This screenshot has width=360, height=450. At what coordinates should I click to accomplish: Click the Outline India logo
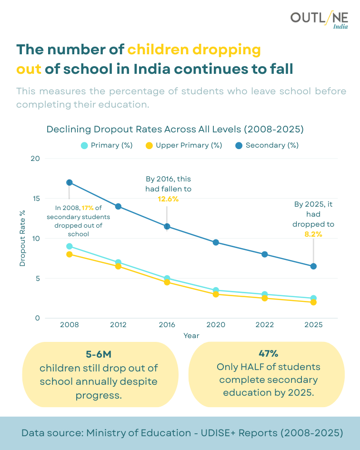coord(319,20)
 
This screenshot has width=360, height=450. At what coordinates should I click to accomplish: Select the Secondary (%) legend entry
coord(267,145)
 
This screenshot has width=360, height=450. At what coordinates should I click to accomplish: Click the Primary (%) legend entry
coord(107,145)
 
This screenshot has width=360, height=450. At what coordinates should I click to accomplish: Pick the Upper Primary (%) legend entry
coord(184,145)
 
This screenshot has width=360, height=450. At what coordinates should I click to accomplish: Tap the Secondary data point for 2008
coord(70,182)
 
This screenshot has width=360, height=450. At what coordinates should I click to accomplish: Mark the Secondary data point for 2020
coord(216,242)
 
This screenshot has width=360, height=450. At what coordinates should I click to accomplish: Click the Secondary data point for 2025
coord(313,266)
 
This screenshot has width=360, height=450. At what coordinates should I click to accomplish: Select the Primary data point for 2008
coord(70,246)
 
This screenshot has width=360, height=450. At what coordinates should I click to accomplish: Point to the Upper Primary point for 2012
coord(118,266)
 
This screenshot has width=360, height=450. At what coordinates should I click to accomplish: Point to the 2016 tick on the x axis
coord(167,325)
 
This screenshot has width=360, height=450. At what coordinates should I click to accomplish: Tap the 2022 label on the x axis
coord(265,325)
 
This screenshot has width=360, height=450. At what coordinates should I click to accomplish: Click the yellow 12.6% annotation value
coord(168,199)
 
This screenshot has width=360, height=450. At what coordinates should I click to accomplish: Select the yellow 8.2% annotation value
coord(313,234)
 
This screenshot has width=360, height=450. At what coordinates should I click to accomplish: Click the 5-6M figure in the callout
coord(99,355)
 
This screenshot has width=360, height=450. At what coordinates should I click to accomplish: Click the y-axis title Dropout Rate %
coord(22,239)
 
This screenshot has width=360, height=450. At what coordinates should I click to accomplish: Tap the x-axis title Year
coord(191,336)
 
